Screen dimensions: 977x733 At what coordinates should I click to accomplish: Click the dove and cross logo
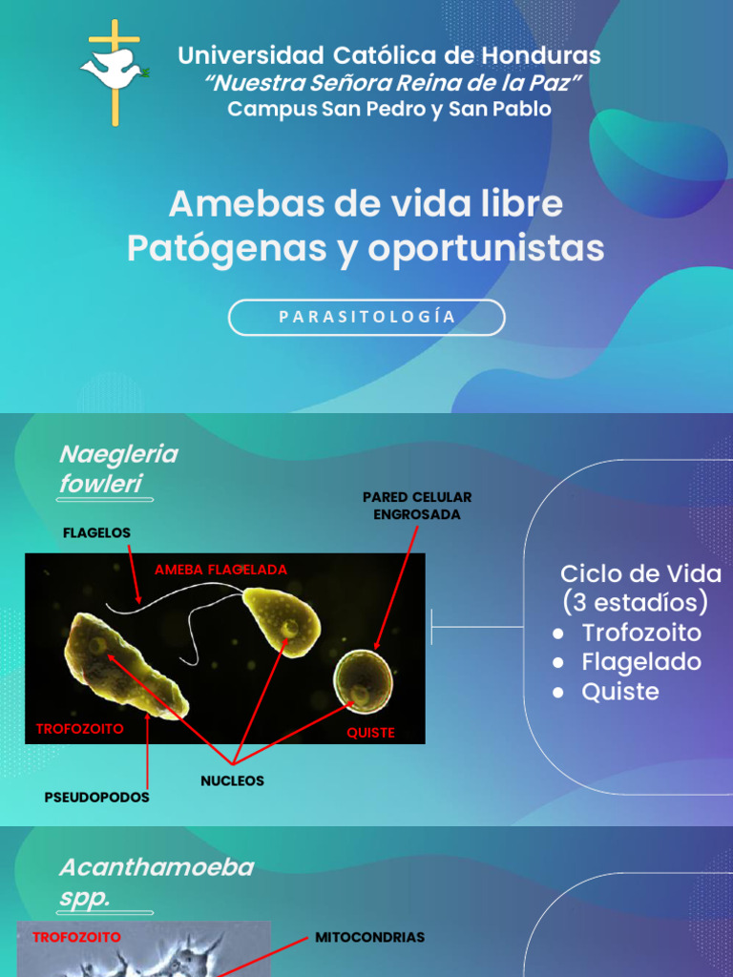coord(114,71)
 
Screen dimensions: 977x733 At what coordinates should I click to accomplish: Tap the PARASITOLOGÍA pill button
coord(366,318)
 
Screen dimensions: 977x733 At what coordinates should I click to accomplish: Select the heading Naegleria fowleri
coord(117,468)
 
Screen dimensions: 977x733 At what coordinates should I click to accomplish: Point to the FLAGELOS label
coord(96,531)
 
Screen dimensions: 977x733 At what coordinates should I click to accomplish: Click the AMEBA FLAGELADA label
coord(220,570)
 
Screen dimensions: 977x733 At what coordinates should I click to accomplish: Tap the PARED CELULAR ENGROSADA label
coord(417,506)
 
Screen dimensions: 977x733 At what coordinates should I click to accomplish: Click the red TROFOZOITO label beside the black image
coord(79,728)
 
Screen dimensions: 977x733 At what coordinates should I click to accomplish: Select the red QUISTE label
coord(371,733)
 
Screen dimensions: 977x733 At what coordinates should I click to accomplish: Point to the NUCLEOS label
coord(232,780)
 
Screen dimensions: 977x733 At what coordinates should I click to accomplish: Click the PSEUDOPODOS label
coord(96,797)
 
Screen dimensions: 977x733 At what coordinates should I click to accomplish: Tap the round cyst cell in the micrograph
coord(362,679)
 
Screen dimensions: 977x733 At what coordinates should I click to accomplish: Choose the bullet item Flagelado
coord(641,662)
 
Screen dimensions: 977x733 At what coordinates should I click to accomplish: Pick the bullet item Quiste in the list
coord(620,692)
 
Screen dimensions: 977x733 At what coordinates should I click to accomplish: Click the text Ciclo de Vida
coord(640,573)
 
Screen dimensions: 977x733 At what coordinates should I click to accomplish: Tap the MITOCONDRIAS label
coord(369,938)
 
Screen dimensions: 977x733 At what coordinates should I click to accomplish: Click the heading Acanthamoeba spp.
coord(156,883)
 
